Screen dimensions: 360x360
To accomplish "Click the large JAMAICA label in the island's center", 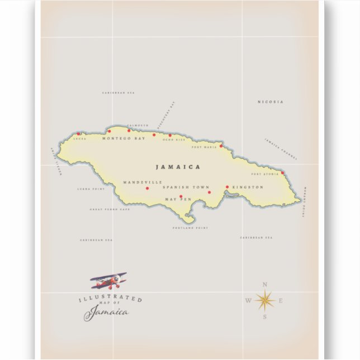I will pyautogui.click(x=178, y=167).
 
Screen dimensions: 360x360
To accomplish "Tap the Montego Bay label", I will pyautogui.click(x=124, y=138).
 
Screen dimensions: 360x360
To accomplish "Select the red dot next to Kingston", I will pyautogui.click(x=227, y=187).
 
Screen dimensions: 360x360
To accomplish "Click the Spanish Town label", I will pyautogui.click(x=186, y=187).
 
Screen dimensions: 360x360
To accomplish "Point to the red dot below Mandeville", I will pyautogui.click(x=147, y=188).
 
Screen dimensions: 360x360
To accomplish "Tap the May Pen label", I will pyautogui.click(x=178, y=200).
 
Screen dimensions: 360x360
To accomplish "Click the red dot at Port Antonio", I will pyautogui.click(x=282, y=173).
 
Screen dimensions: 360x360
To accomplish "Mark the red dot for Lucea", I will pyautogui.click(x=78, y=134).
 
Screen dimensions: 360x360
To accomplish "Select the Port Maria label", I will pyautogui.click(x=203, y=147).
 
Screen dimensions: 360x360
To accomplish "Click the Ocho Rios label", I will pyautogui.click(x=173, y=140).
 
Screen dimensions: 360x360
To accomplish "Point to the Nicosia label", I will pyautogui.click(x=271, y=102).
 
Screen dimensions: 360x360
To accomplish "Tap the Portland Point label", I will pyautogui.click(x=190, y=228).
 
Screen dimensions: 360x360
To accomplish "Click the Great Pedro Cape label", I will pyautogui.click(x=110, y=210).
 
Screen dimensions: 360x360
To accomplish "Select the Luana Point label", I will pyautogui.click(x=91, y=189).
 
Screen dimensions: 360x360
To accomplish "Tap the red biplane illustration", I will pyautogui.click(x=108, y=280).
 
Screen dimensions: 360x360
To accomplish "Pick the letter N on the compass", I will pyautogui.click(x=264, y=284).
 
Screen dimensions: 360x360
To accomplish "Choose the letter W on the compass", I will pyautogui.click(x=248, y=301).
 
